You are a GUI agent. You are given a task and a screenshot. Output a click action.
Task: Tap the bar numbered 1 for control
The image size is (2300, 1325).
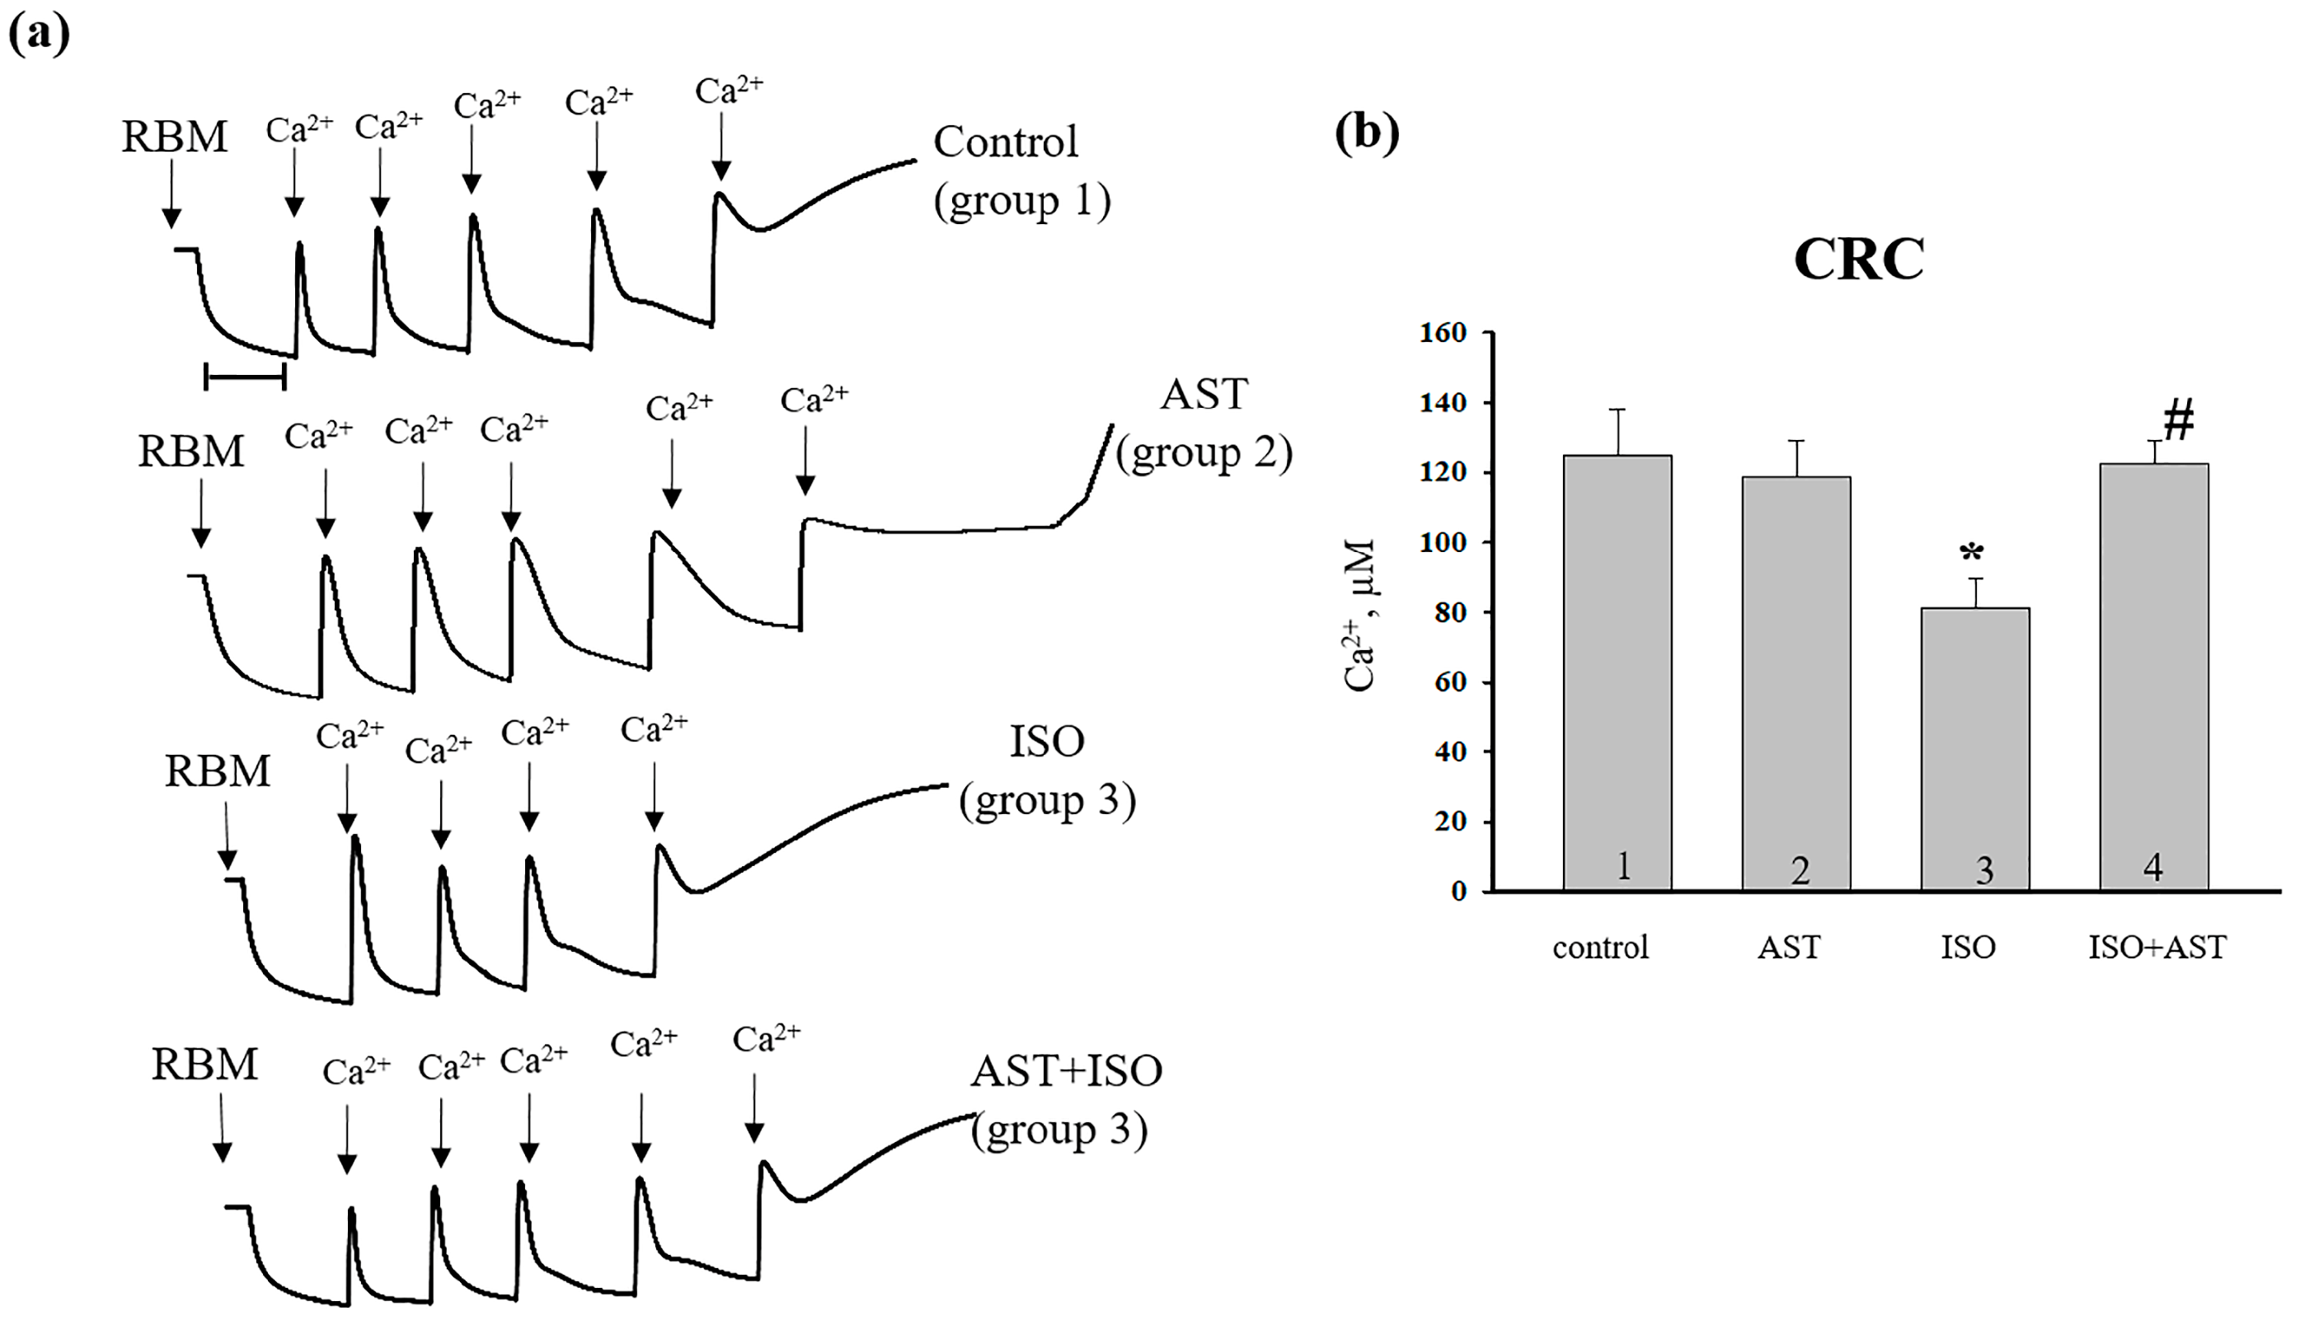pos(1617,673)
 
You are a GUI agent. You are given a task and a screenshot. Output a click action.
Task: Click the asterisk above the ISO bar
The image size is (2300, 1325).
pos(1971,552)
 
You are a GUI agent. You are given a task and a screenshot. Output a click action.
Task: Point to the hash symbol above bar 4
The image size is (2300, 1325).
pos(2179,419)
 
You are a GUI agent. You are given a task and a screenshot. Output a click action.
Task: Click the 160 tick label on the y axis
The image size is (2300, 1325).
pos(1443,333)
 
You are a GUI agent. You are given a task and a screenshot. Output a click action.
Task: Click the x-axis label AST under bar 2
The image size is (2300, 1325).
pos(1789,948)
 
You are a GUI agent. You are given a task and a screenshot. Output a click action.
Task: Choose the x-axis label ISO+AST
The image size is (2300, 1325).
pos(2157,948)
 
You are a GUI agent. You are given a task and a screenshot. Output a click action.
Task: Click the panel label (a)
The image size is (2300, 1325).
pos(38,34)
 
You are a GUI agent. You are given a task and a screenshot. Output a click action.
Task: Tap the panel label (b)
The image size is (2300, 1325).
pos(1366,133)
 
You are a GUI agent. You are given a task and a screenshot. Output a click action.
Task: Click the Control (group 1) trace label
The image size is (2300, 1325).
pos(1021,171)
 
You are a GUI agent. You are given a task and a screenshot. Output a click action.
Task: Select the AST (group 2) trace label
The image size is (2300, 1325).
pos(1204,424)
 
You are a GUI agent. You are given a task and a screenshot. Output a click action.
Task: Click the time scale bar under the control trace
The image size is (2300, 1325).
pos(246,376)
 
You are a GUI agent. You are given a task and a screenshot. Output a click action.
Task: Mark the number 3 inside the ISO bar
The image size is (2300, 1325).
pos(1984,870)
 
